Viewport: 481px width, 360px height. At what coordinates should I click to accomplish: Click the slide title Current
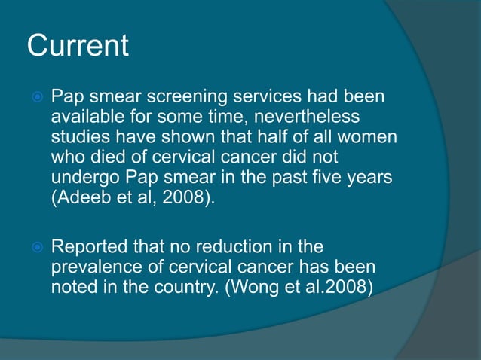pyautogui.click(x=78, y=47)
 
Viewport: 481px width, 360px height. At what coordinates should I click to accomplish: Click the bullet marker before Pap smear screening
pyautogui.click(x=35, y=99)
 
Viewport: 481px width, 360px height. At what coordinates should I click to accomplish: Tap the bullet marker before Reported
pyautogui.click(x=35, y=247)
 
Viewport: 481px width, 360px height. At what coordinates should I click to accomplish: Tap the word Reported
pyautogui.click(x=88, y=246)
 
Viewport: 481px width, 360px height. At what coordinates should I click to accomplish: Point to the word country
pyautogui.click(x=180, y=288)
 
